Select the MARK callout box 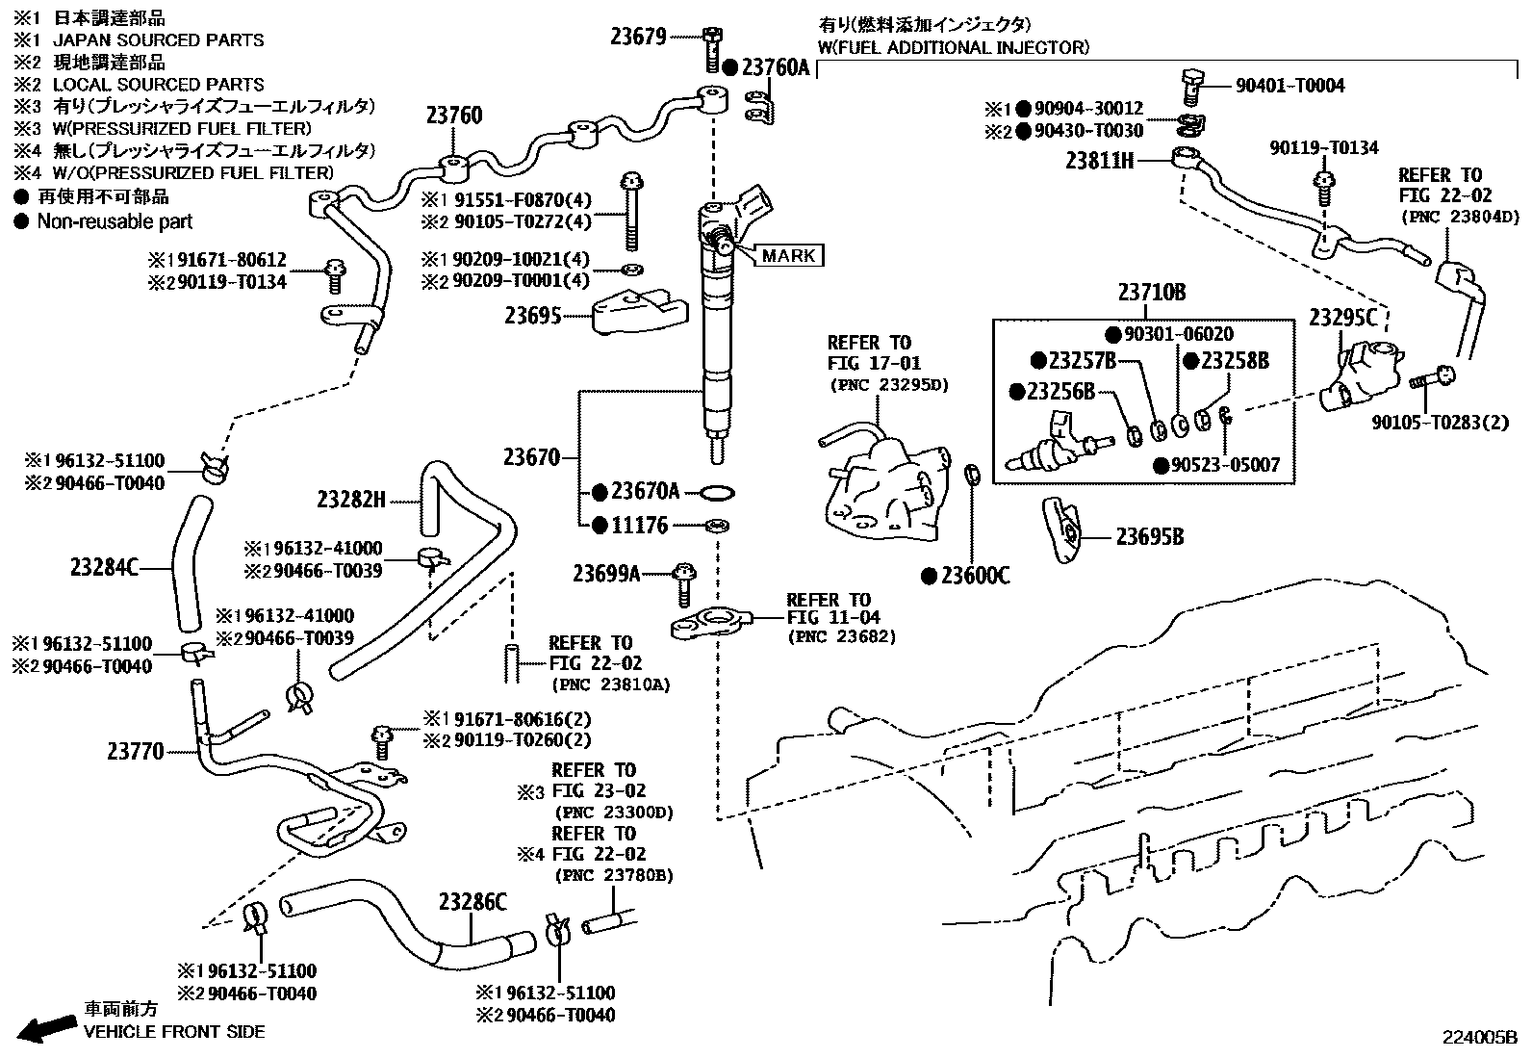click(x=789, y=255)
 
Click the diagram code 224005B click(x=1478, y=1037)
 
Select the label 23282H click(x=351, y=500)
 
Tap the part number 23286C click(x=472, y=902)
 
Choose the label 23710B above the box click(x=1152, y=293)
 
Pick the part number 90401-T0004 click(x=1289, y=86)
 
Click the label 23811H click(x=1099, y=161)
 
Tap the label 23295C click(x=1342, y=319)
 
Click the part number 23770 click(x=135, y=752)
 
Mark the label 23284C click(x=104, y=568)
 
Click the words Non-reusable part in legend click(x=115, y=221)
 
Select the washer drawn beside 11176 click(x=716, y=526)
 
